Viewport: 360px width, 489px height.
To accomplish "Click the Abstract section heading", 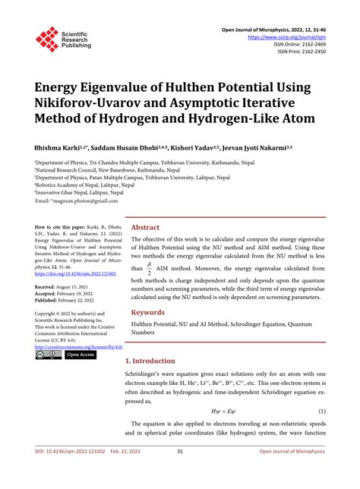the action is coord(146,226).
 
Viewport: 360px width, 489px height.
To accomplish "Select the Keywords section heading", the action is coord(149,333).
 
